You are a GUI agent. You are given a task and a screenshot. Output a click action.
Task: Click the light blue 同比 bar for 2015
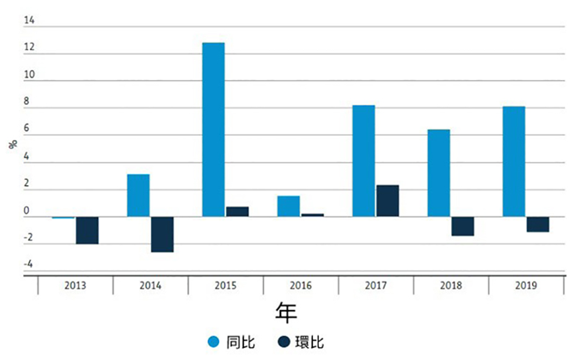(x=213, y=130)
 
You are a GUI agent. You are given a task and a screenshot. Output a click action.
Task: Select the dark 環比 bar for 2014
(x=162, y=235)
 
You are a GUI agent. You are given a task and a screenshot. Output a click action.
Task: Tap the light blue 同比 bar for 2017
(x=364, y=161)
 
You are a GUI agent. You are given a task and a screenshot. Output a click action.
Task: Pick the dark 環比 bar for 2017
(x=388, y=200)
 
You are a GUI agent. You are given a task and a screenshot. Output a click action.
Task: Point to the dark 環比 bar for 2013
(x=87, y=230)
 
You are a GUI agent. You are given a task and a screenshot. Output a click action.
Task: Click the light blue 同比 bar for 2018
(x=438, y=173)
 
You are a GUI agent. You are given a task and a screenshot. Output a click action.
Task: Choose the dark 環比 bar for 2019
(x=537, y=224)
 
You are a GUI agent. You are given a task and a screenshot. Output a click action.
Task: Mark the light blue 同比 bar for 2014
(x=138, y=195)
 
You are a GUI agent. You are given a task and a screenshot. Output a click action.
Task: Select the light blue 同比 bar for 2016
(x=288, y=206)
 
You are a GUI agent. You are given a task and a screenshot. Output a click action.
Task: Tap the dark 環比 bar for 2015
(x=237, y=212)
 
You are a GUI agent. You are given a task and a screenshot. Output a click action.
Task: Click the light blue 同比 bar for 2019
(x=513, y=162)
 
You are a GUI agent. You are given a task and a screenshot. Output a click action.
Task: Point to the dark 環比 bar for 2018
(x=463, y=226)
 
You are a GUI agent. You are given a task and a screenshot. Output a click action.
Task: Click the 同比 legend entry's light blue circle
(x=214, y=342)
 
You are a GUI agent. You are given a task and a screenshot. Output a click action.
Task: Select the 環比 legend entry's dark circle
(x=284, y=342)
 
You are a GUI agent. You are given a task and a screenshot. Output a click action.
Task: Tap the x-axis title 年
(x=287, y=312)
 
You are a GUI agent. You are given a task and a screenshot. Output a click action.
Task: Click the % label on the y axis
(x=13, y=144)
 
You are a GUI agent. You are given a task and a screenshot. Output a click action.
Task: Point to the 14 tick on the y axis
(x=29, y=20)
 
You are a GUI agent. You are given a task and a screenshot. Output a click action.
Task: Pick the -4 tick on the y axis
(x=28, y=264)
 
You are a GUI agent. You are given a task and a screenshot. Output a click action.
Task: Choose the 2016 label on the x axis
(x=300, y=286)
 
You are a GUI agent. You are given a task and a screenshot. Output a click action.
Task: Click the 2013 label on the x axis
(x=75, y=286)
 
